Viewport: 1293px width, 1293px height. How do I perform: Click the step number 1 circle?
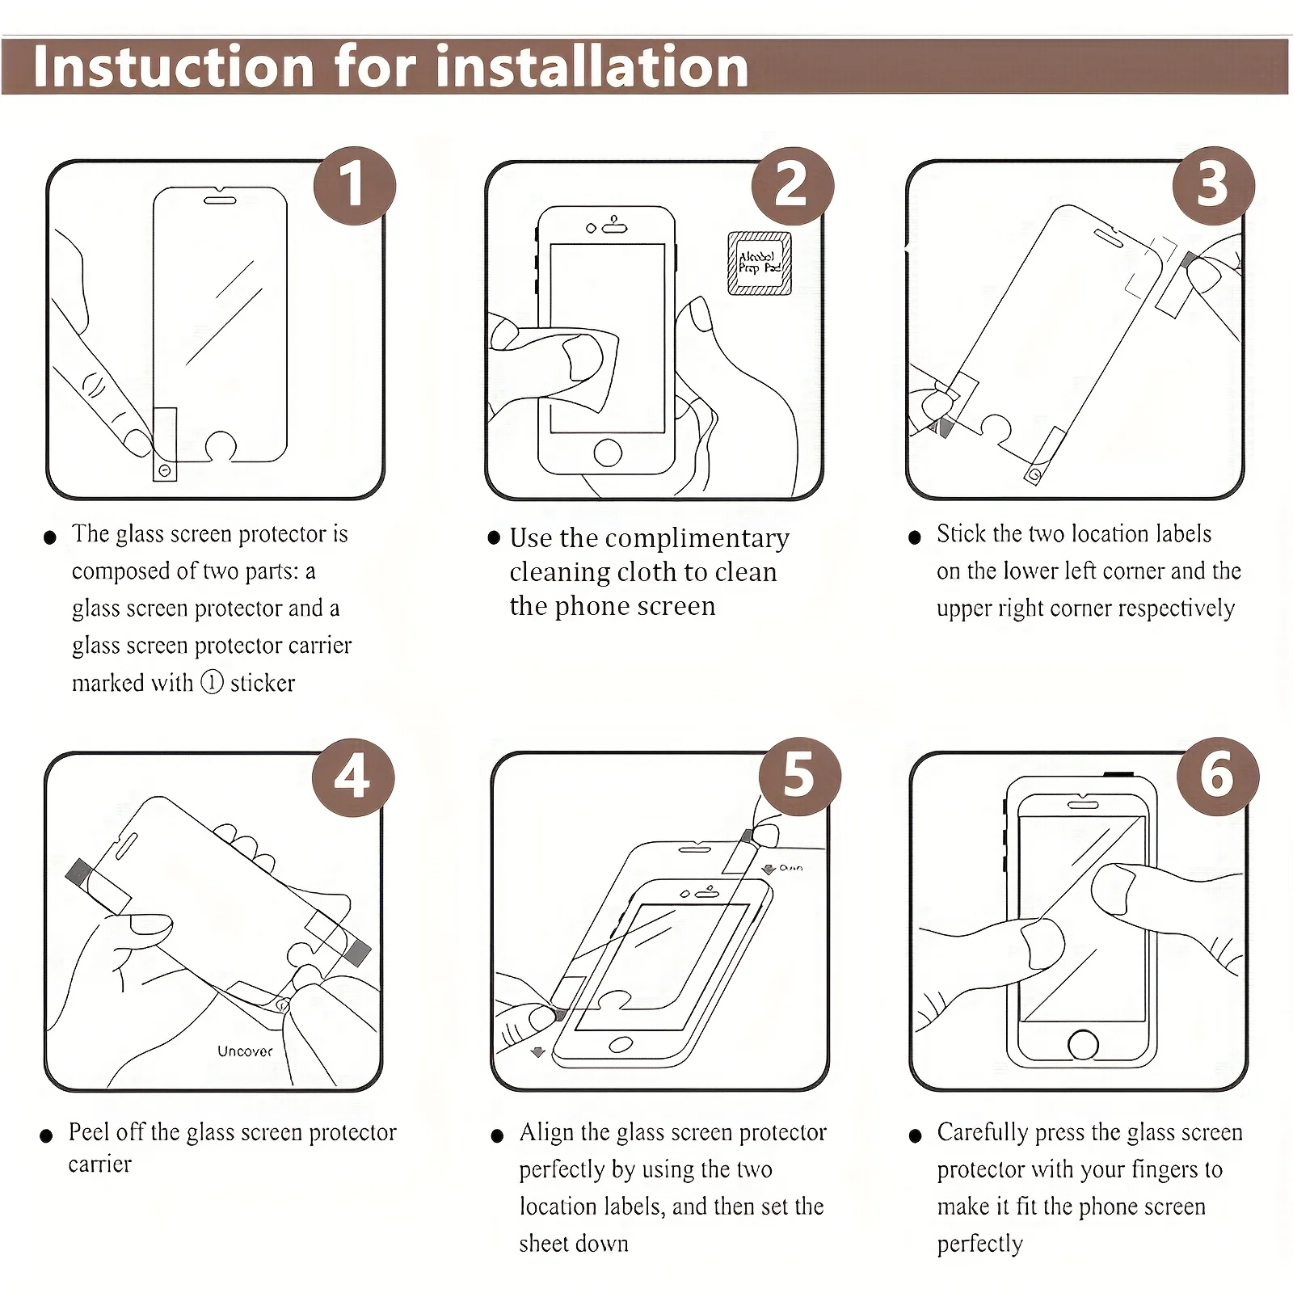[355, 186]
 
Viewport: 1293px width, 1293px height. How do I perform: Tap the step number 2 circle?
[792, 186]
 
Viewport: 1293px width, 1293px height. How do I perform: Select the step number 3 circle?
[1213, 186]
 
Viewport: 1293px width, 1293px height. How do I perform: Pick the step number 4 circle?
[353, 777]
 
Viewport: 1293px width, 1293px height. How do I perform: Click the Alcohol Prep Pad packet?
[760, 263]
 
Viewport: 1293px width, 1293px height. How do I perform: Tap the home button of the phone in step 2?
[608, 453]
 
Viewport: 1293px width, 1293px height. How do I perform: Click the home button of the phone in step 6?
[1083, 1044]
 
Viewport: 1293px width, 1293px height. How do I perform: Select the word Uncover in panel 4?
[245, 1051]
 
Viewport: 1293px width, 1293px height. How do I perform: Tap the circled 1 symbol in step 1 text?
[212, 683]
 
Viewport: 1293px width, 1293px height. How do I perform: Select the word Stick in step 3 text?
[961, 533]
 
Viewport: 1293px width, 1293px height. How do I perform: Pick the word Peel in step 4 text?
[88, 1131]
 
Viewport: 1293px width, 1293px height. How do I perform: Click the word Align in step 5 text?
[545, 1133]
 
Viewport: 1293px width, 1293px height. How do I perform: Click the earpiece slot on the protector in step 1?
[219, 199]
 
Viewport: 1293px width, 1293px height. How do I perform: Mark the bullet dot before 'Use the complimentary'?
[494, 537]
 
